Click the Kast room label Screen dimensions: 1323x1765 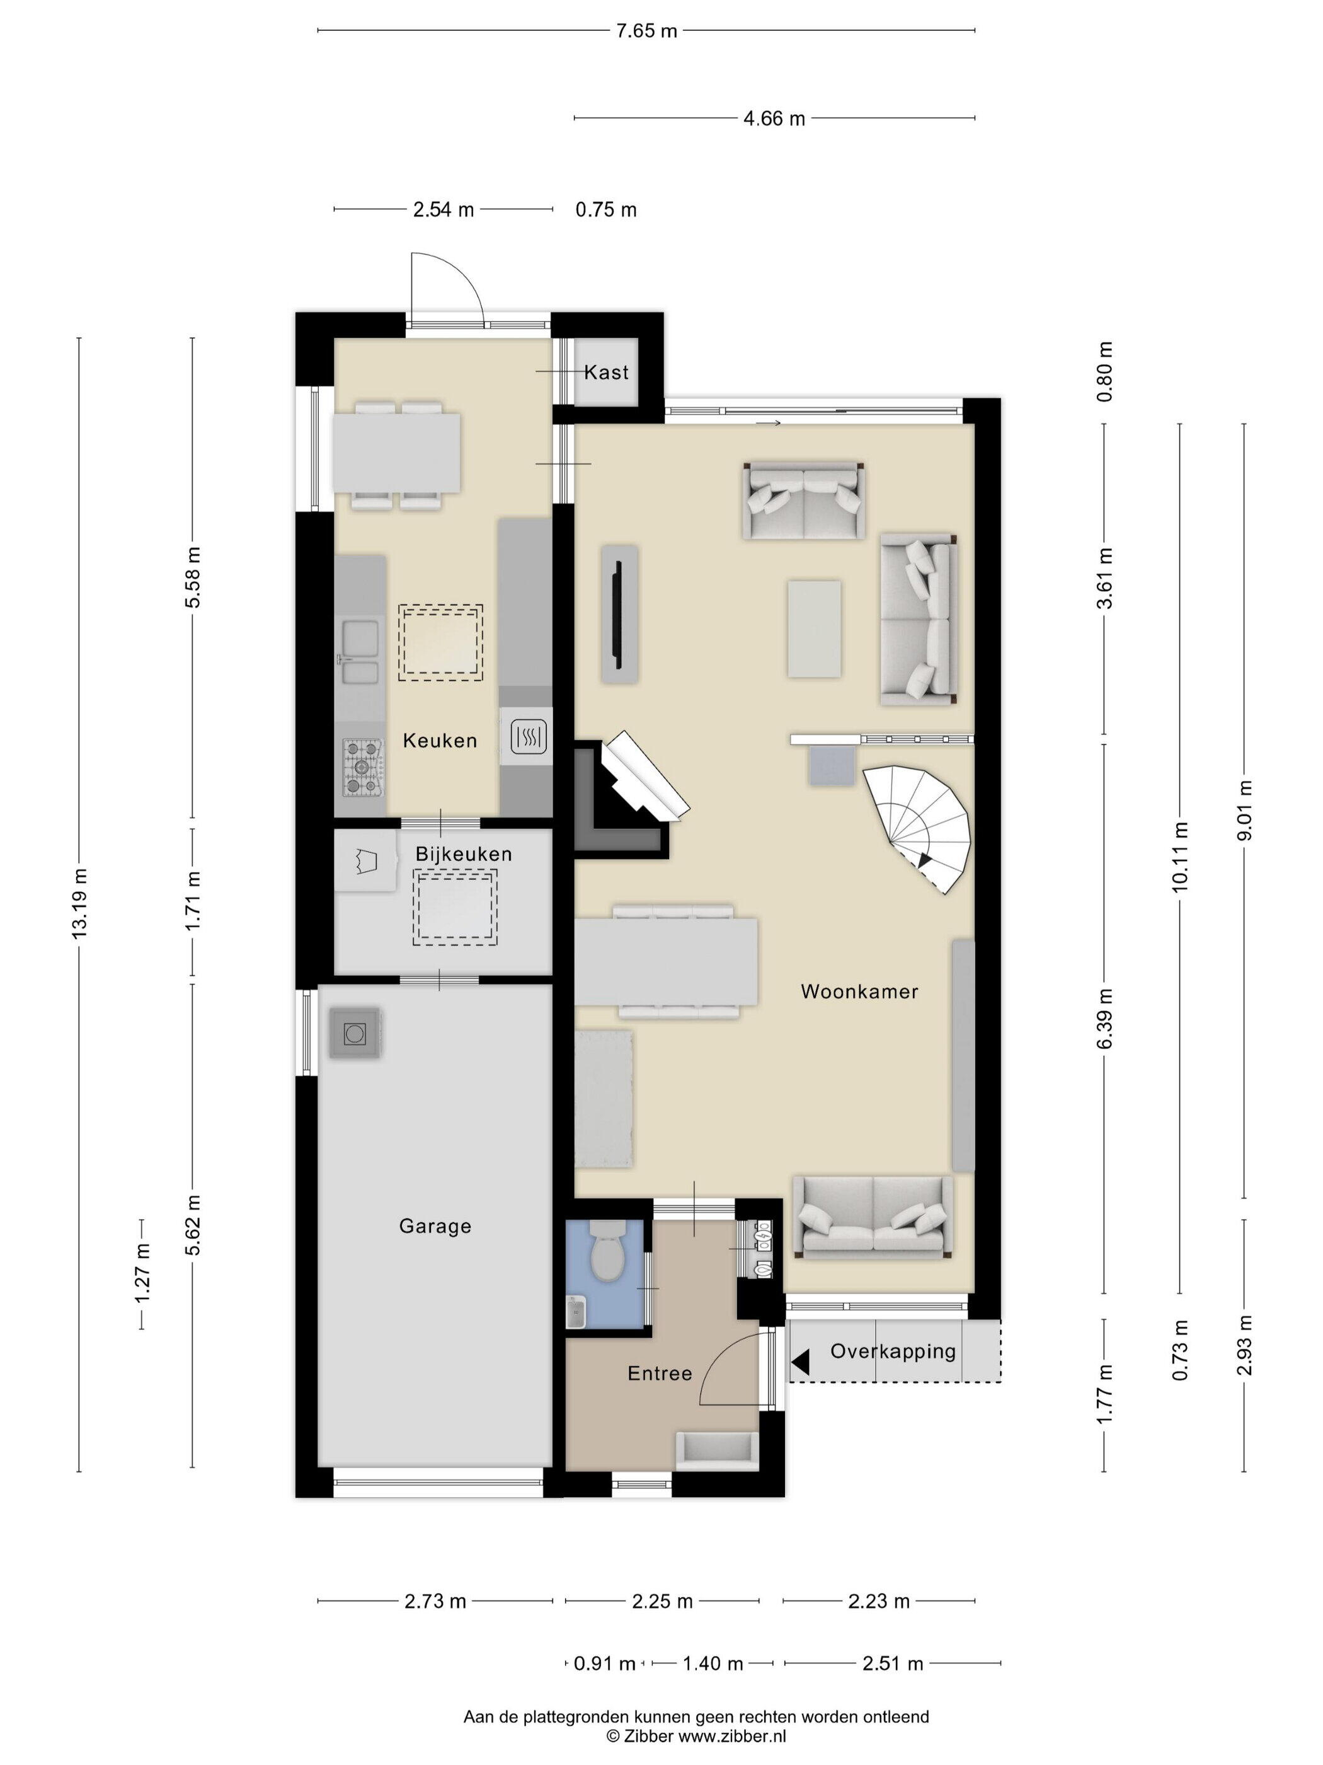point(605,372)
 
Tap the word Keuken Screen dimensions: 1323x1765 point(439,741)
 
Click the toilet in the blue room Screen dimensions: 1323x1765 point(608,1257)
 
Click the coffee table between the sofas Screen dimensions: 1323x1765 point(813,628)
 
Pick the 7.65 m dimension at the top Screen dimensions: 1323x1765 point(646,30)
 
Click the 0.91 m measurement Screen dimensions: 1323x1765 point(604,1664)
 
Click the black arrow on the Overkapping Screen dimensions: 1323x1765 point(800,1362)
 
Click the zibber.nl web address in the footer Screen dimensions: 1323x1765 point(732,1735)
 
